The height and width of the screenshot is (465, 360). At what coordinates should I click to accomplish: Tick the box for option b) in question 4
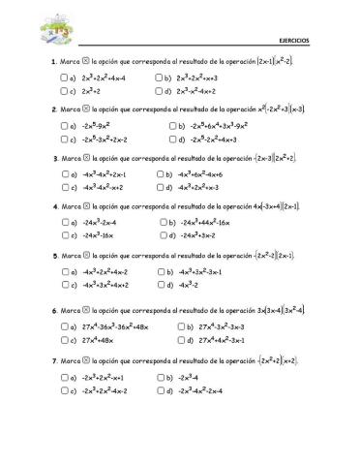pyautogui.click(x=160, y=223)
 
